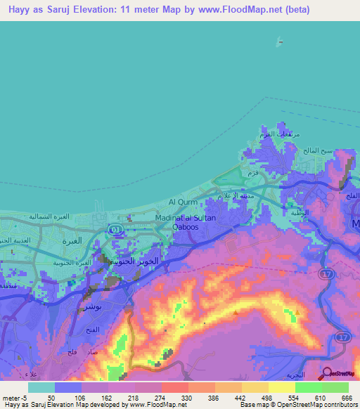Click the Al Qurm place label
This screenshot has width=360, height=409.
(183, 202)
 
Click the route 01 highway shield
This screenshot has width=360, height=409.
(115, 228)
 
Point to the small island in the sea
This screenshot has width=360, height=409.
(281, 41)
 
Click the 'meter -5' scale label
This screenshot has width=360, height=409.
(13, 398)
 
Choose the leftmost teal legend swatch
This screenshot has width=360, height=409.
(41, 387)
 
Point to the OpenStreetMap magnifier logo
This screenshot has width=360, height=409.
(328, 373)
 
